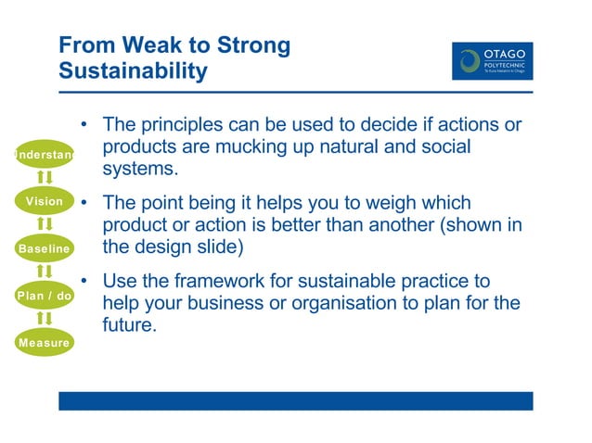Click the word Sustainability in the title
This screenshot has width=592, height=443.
133,70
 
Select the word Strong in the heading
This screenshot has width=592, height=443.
252,45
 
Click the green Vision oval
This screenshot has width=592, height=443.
44,201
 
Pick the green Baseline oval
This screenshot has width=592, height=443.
44,248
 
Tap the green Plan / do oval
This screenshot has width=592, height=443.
44,296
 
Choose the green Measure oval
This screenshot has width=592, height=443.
44,343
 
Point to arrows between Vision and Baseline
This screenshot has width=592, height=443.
44,224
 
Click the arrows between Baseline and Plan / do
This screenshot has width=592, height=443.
44,272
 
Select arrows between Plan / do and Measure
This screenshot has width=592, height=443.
44,320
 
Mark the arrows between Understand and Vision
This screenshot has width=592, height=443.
44,177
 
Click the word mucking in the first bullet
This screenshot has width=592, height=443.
262,147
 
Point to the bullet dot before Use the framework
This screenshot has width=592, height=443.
84,281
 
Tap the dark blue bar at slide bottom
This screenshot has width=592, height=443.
295,400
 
